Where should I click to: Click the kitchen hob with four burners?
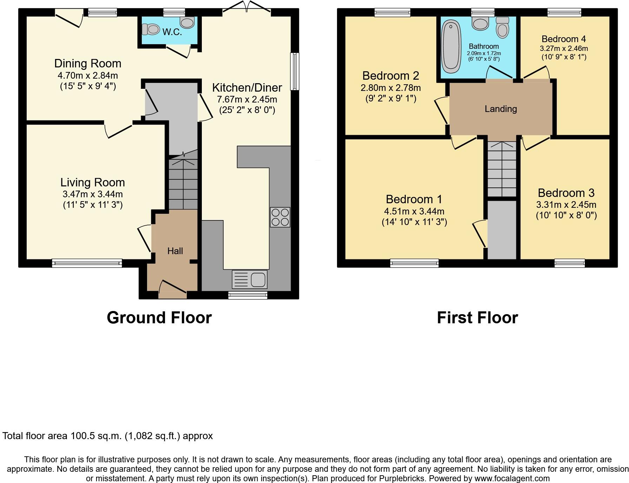[280, 217]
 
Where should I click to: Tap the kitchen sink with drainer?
[250, 279]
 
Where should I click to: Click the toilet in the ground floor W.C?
[151, 29]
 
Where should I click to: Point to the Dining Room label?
[88, 64]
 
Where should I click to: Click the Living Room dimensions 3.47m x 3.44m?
[93, 194]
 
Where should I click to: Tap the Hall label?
[175, 251]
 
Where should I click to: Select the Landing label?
[501, 109]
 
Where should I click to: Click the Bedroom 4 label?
[564, 39]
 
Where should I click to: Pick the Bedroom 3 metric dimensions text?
[566, 205]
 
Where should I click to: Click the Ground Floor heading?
[159, 318]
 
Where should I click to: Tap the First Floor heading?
[477, 318]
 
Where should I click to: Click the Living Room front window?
[87, 263]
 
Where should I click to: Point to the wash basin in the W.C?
[187, 22]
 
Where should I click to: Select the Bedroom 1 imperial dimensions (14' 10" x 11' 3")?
[414, 222]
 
